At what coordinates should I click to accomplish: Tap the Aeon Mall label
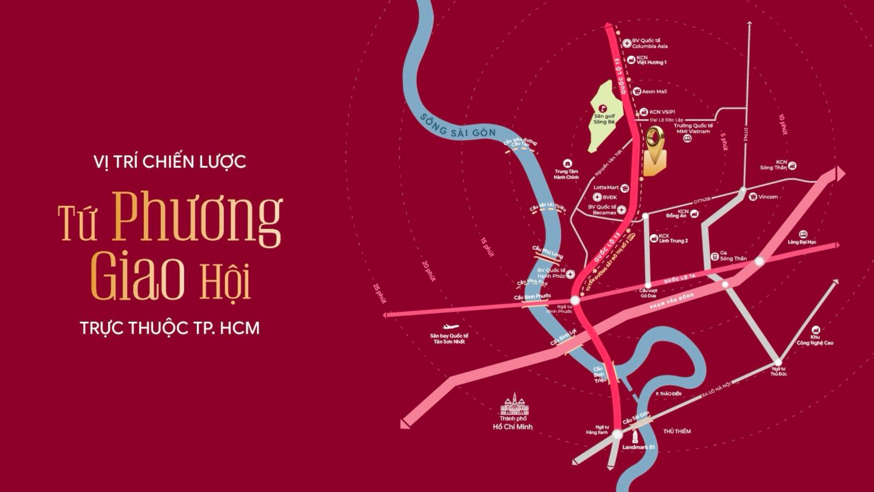point(654,92)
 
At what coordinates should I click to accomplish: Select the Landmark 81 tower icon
point(635,437)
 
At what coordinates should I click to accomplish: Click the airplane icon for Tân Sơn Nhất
point(450,326)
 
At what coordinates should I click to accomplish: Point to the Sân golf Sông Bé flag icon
point(603,108)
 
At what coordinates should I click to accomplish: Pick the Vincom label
point(768,197)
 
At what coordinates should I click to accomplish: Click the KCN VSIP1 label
point(662,112)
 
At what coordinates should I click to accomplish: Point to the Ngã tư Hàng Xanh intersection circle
point(618,435)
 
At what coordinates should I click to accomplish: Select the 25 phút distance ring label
point(379,293)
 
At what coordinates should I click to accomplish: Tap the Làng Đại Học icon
point(803,234)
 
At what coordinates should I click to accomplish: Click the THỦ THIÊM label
point(677,431)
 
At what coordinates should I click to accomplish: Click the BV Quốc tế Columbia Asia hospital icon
point(627,43)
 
